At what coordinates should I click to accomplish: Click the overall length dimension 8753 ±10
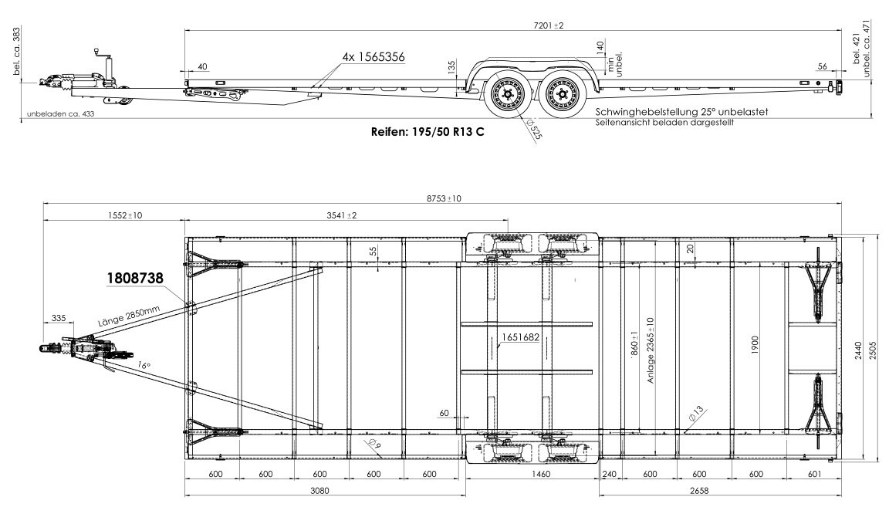pos(444,198)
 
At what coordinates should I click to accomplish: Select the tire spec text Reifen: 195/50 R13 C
pos(428,132)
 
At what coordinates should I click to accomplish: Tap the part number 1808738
pos(135,278)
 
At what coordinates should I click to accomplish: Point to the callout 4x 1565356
pos(373,57)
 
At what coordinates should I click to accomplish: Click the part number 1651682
pos(520,337)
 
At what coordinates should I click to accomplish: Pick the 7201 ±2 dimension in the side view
pos(548,25)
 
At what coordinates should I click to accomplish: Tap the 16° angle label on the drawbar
pos(144,366)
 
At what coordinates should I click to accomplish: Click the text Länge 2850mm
pos(129,316)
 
